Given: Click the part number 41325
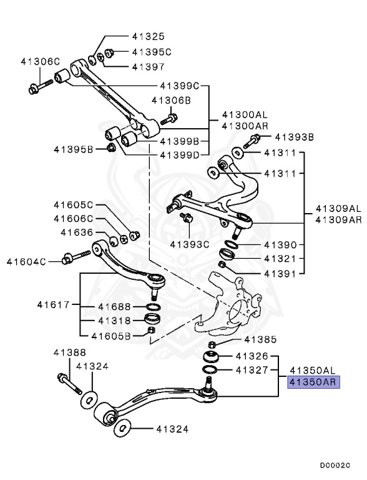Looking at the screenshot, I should [148, 36].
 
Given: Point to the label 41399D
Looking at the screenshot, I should [179, 154].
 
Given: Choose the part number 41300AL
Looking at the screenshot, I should [245, 115].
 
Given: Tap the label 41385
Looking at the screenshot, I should [259, 340].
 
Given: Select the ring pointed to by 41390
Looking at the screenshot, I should [230, 243].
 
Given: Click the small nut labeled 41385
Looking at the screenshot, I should [211, 345].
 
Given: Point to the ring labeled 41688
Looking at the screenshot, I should [152, 307].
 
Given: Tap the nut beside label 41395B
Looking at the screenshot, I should [111, 147].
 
